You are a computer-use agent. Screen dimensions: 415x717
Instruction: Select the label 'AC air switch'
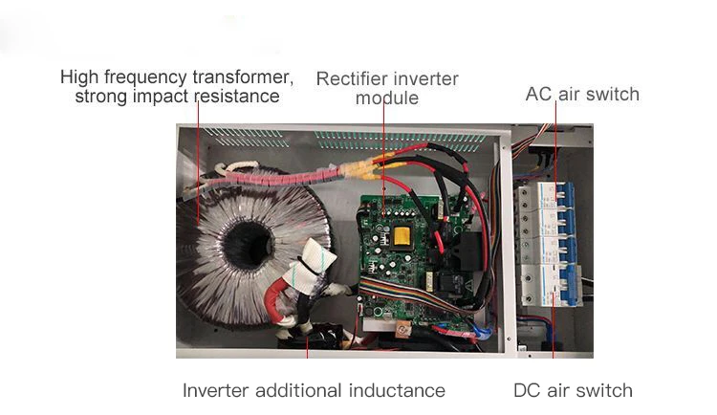tap(581, 94)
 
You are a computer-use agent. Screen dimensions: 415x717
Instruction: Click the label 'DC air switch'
tap(573, 390)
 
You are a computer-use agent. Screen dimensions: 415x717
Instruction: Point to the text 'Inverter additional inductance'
tap(314, 390)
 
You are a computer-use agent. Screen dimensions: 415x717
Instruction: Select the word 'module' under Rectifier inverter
tap(386, 98)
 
